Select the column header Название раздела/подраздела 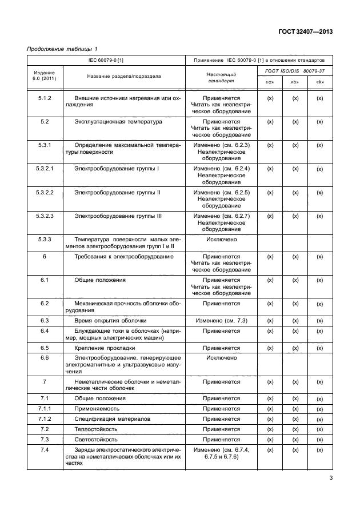[x=124, y=76]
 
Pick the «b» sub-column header [x=295, y=82]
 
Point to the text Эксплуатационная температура [x=118, y=122]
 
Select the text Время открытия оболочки [x=111, y=321]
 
